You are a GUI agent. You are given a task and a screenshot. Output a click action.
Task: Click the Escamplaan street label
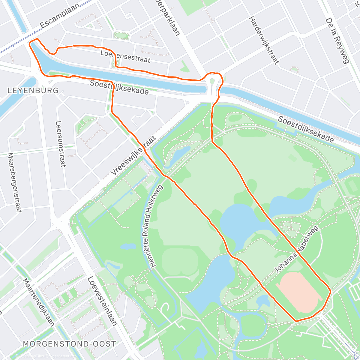[60, 16]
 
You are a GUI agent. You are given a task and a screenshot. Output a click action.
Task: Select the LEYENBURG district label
[33, 90]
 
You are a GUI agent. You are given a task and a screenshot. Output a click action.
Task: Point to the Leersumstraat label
[60, 144]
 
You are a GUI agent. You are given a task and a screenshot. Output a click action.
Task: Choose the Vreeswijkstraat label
[133, 155]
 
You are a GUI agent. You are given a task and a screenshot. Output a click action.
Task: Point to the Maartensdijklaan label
[39, 302]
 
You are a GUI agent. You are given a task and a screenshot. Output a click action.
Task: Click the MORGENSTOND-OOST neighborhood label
[69, 344]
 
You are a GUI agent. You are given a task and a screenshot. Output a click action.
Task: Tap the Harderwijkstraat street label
[264, 40]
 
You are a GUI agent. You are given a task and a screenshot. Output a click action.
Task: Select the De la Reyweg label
[337, 40]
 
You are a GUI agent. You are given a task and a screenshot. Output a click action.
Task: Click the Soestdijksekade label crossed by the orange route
[119, 87]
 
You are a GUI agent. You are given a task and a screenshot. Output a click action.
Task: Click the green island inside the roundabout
[212, 82]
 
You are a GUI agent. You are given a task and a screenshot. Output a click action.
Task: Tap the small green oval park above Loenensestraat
[121, 36]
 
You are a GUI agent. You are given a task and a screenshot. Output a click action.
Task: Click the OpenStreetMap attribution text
[62, 356]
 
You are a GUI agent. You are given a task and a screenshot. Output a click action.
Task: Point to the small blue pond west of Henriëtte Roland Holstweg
[128, 247]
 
